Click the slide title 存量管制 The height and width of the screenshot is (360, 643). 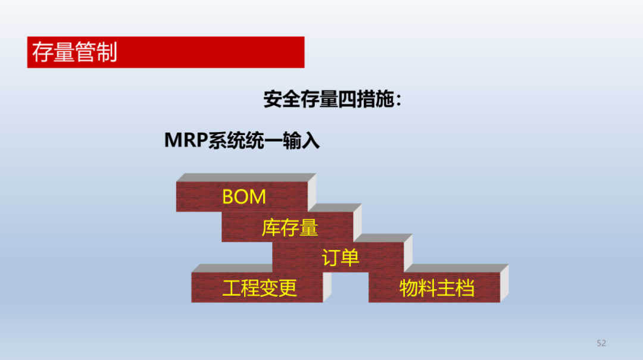click(x=74, y=52)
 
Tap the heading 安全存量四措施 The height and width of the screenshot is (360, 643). click(x=329, y=99)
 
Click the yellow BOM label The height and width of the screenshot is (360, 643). click(x=244, y=197)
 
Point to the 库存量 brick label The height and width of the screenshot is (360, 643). click(x=290, y=227)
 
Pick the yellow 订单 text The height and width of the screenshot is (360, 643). click(x=341, y=258)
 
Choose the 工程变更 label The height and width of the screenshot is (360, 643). click(x=260, y=288)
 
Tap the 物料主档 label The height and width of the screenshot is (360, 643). click(x=437, y=288)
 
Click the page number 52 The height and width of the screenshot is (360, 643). click(x=601, y=343)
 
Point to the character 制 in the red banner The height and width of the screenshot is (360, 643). click(x=107, y=52)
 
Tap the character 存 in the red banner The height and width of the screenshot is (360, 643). click(x=43, y=52)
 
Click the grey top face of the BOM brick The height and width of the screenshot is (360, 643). click(x=246, y=177)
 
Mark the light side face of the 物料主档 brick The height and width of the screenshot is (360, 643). click(x=504, y=283)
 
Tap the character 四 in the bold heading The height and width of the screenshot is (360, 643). click(x=347, y=99)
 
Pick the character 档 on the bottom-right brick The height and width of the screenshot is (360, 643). click(x=465, y=288)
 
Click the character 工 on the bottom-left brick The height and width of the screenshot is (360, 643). click(x=232, y=288)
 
